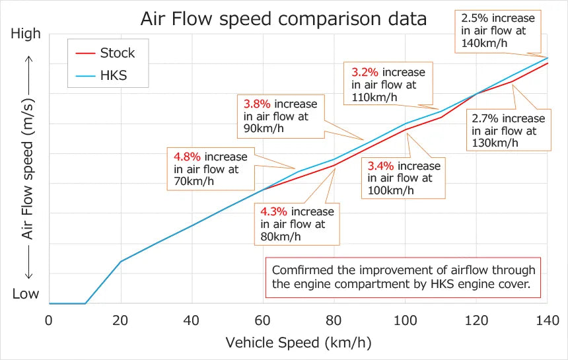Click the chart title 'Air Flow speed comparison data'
283,19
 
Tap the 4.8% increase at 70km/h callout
210,169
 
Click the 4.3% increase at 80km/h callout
297,224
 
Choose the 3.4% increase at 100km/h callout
404,178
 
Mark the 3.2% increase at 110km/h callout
388,84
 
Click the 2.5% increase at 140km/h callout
499,30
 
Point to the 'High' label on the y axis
26,34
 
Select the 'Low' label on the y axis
26,294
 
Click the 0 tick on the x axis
49,320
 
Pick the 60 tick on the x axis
263,320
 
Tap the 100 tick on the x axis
406,320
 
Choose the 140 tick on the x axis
548,320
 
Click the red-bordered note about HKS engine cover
403,277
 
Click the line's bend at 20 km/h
120,262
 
